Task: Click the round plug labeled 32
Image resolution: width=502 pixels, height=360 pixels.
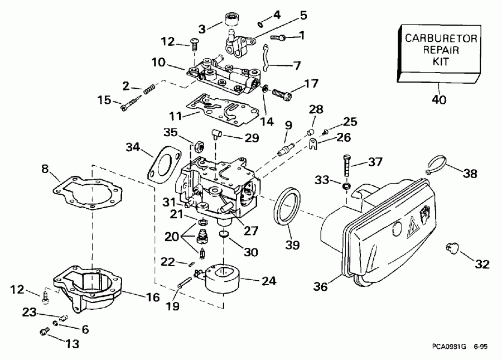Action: pos(452,247)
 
